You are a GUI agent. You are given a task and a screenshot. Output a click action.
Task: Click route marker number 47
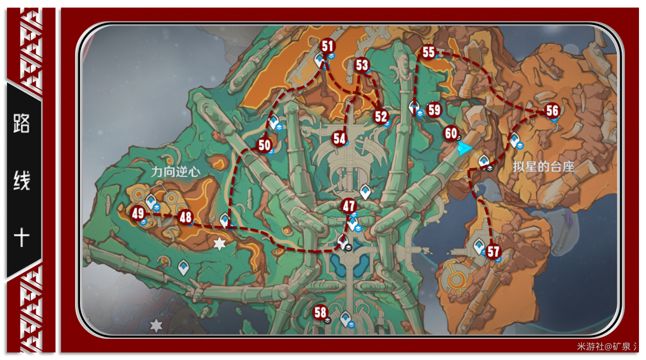349,206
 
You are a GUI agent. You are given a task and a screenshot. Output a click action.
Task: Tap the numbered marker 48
185,217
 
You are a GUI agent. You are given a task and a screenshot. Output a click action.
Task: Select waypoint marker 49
138,214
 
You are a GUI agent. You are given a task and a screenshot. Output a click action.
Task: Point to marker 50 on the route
264,145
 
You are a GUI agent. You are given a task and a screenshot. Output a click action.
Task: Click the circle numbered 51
327,46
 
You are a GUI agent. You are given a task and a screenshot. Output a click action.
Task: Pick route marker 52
381,116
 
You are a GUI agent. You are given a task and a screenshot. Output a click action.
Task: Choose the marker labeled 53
361,65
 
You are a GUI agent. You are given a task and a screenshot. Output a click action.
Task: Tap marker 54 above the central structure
339,138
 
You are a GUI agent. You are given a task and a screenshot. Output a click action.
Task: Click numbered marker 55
428,52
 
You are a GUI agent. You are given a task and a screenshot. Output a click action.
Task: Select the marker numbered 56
551,111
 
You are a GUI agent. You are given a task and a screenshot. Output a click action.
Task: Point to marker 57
493,251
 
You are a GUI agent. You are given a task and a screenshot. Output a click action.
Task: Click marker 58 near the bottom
320,312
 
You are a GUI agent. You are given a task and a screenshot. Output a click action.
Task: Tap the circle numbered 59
434,110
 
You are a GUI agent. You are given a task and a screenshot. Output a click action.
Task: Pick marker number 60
450,133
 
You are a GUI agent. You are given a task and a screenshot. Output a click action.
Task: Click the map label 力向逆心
176,172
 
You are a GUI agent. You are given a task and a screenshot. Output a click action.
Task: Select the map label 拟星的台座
543,167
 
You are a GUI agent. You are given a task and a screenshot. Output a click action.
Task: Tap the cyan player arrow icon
463,149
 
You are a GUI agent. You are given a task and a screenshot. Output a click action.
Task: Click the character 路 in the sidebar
22,124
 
